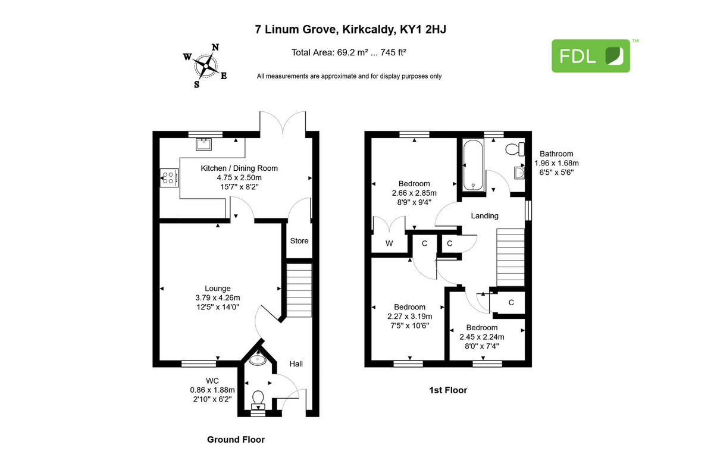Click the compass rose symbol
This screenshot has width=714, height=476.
(x=206, y=65)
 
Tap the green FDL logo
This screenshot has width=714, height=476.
(x=590, y=56)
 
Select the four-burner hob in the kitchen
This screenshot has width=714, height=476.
(x=168, y=177)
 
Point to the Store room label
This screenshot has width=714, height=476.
(x=299, y=241)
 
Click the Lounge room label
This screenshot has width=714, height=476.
(x=217, y=288)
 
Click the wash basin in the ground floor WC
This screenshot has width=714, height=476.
(x=259, y=359)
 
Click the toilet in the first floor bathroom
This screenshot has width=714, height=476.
(x=513, y=149)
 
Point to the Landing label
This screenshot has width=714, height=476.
(x=484, y=216)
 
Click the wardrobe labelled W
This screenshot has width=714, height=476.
(x=389, y=243)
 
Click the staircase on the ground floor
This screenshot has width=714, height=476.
(x=299, y=292)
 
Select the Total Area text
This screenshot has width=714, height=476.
(x=348, y=52)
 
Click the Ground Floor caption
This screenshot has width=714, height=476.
(x=236, y=440)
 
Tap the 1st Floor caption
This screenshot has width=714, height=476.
(x=448, y=390)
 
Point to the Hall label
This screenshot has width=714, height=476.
(x=296, y=364)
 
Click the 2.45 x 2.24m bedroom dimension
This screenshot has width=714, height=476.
(x=481, y=336)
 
